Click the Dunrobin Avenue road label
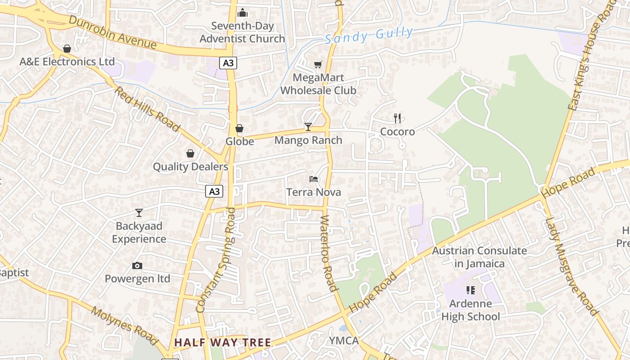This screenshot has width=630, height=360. (113, 33)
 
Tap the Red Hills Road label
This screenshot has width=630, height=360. (147, 109)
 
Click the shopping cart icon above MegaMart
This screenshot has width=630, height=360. (318, 65)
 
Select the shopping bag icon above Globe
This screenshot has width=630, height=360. (239, 129)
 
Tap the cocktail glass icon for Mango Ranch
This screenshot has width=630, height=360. (308, 127)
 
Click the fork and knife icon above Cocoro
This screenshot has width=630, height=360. (397, 118)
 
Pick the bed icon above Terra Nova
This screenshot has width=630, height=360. (314, 179)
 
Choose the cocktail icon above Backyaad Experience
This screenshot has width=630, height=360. (139, 212)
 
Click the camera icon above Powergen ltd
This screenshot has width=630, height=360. (137, 265)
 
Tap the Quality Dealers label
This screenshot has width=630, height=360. (190, 167)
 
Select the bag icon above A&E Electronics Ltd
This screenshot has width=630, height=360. (67, 49)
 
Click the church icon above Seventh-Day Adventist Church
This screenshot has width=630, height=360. (243, 13)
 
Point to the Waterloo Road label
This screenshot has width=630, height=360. (328, 252)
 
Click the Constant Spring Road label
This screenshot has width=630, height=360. (216, 260)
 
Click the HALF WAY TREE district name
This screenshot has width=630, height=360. (223, 342)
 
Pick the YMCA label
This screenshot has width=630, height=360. (344, 341)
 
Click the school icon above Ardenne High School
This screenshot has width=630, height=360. (470, 290)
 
